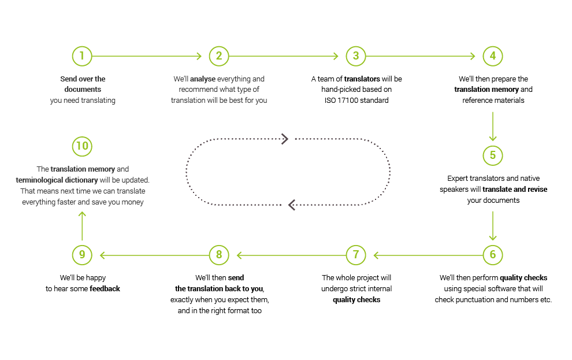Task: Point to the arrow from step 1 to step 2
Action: tap(147, 56)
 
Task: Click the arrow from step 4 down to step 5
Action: tap(492, 126)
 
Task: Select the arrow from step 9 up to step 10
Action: tap(82, 226)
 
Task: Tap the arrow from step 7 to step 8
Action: tap(291, 255)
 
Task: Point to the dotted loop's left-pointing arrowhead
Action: tap(291, 205)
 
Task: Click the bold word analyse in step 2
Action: tap(203, 79)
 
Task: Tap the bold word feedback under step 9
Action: tap(105, 289)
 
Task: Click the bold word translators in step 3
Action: tap(362, 79)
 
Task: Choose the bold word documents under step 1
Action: tap(83, 90)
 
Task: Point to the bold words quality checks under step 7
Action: tap(356, 300)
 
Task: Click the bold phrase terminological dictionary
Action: tap(57, 180)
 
